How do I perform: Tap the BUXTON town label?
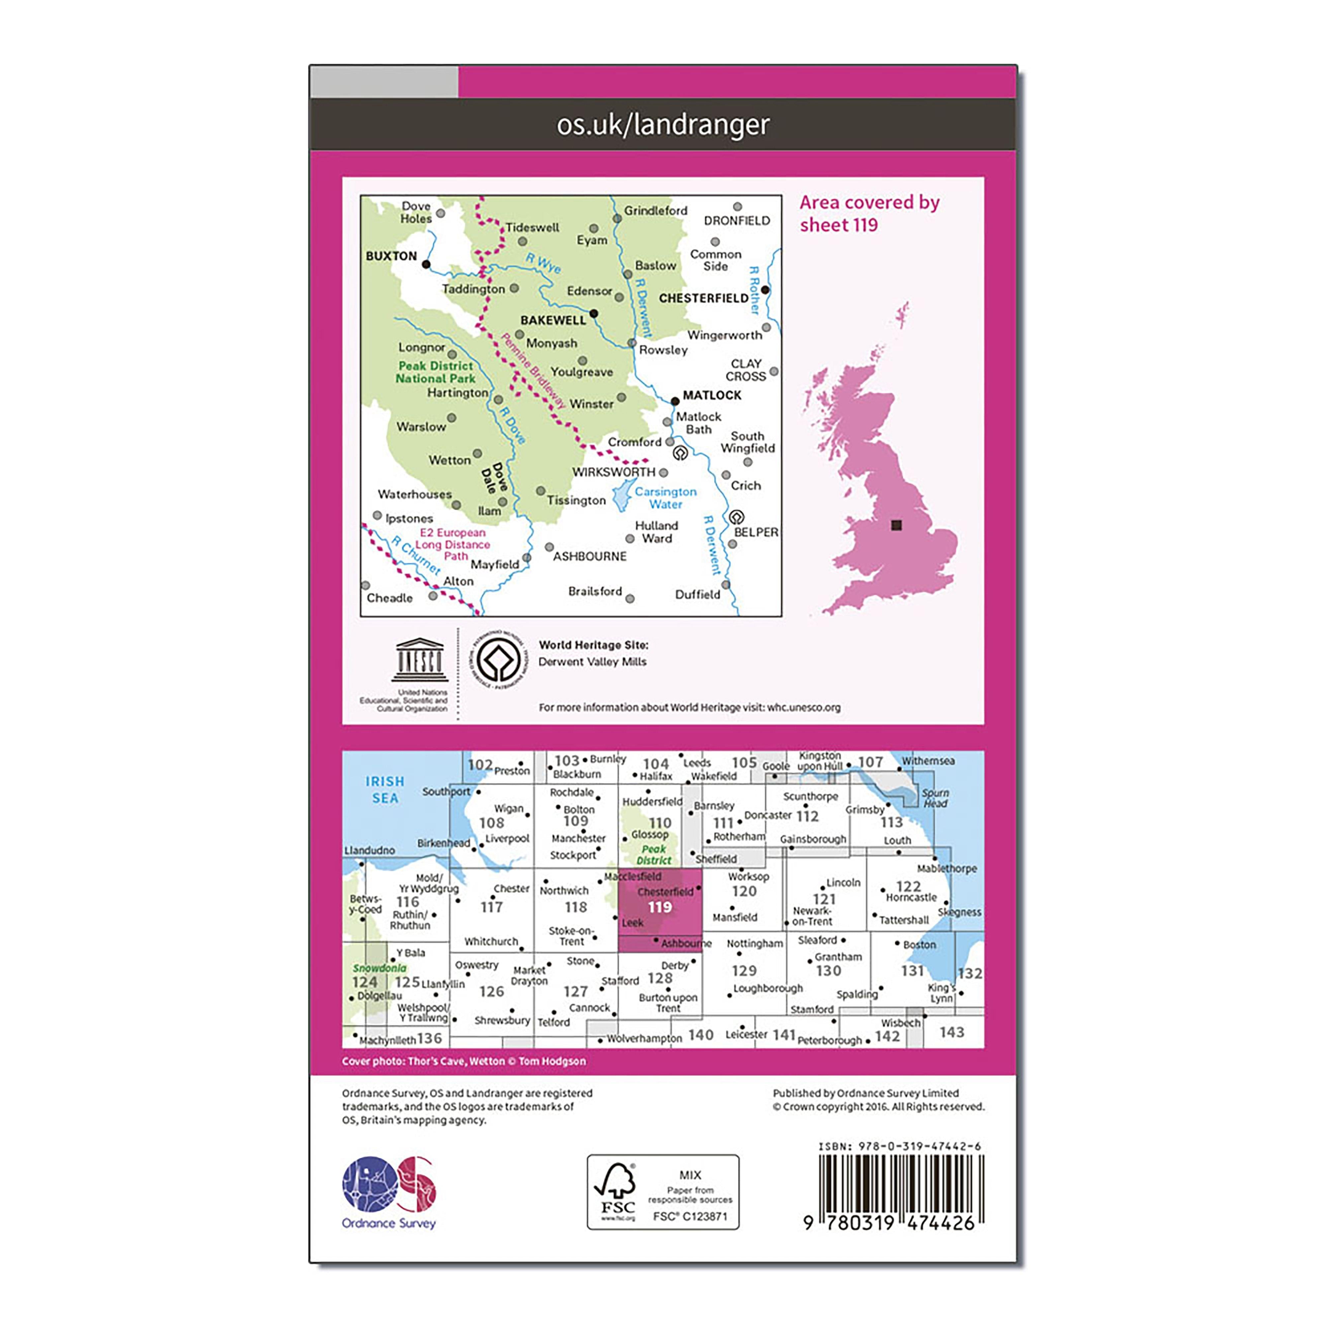391,256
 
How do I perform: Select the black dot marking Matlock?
675,401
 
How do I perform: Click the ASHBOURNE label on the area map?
590,556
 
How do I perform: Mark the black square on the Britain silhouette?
896,525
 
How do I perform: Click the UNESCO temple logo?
419,660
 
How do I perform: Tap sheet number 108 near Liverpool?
491,823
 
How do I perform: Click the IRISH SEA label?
385,790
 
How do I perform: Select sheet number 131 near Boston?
912,970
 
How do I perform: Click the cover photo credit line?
464,1061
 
